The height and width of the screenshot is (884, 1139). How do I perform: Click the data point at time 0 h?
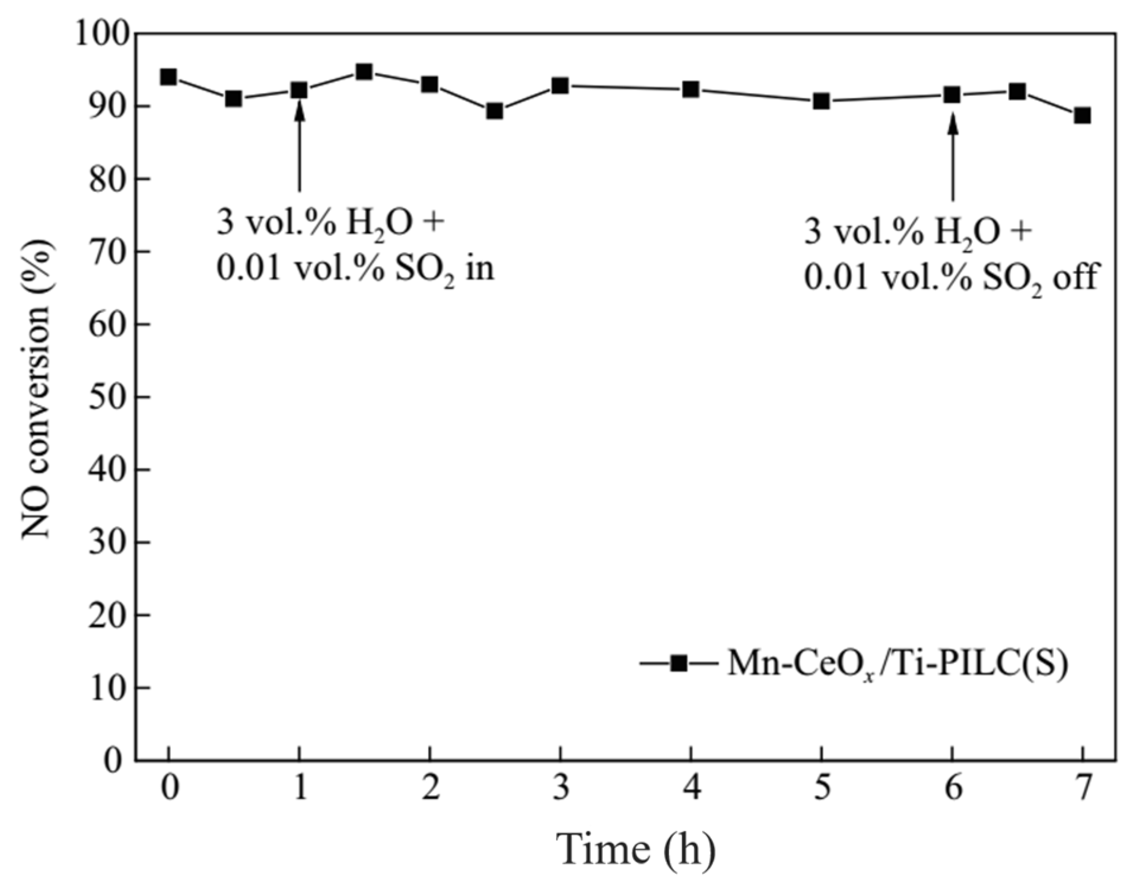click(x=168, y=77)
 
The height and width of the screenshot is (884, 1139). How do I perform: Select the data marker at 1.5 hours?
click(x=364, y=72)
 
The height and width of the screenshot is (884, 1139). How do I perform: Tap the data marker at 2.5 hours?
click(x=495, y=111)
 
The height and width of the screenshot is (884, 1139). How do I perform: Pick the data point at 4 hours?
click(x=691, y=90)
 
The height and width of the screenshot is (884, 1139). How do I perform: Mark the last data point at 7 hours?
click(x=1083, y=115)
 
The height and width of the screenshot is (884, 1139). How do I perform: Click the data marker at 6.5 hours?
click(x=1017, y=91)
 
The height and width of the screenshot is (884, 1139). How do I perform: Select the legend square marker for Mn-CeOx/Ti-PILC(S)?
click(x=679, y=663)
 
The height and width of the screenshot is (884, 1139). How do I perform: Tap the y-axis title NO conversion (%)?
click(x=37, y=389)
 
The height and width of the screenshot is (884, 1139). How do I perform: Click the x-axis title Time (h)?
click(x=636, y=849)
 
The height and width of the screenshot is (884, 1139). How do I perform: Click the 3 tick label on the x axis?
click(x=561, y=789)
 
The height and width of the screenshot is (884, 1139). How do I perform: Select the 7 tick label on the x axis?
click(x=1083, y=789)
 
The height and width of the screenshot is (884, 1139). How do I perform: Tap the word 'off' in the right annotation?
click(x=1075, y=276)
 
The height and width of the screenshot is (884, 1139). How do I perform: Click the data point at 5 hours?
click(x=821, y=101)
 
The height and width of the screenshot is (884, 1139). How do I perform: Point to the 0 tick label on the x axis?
click(x=170, y=789)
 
